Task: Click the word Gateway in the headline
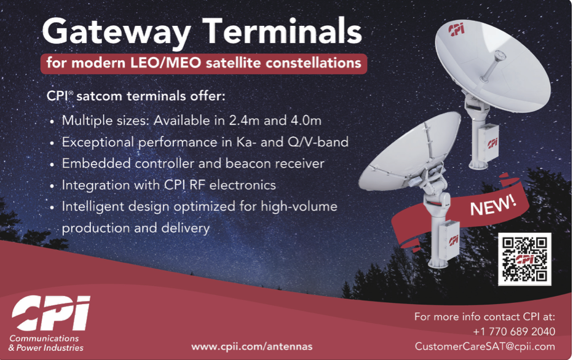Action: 116,32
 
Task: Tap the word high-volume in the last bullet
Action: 299,206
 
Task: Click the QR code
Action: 524,259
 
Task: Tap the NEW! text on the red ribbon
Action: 493,206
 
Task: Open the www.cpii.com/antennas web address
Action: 252,346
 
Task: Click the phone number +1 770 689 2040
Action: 514,332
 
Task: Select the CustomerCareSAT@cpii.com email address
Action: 484,346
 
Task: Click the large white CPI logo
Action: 51,313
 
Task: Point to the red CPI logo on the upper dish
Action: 456,29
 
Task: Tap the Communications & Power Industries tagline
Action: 45,343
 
